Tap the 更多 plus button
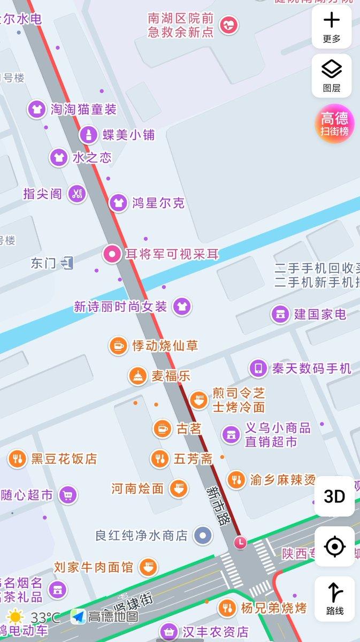pos(332,26)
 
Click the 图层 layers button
pos(332,75)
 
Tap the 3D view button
pos(334,496)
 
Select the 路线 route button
pos(334,599)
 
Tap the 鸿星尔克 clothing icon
pos(118,203)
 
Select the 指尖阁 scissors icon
pos(77,194)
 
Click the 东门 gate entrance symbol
pos(67,263)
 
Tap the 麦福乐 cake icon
pos(138,376)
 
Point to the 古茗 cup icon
pos(162,429)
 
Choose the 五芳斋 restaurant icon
pos(159,458)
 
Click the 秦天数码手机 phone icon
pos(258,368)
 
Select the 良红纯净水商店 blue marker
pos(203,534)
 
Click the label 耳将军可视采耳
pos(172,254)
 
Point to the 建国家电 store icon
pos(280,314)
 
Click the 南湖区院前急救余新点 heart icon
pos(230,25)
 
